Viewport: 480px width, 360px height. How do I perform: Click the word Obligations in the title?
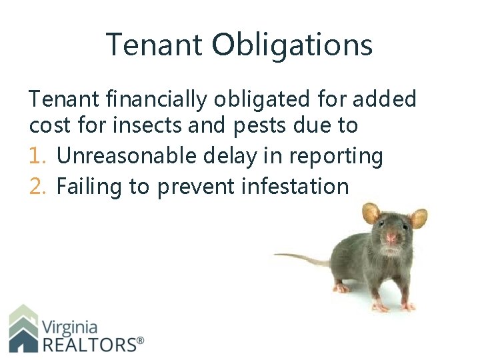coord(292,45)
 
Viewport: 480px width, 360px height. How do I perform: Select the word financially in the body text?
coord(141,100)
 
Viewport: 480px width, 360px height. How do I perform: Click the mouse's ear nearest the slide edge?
coord(418,218)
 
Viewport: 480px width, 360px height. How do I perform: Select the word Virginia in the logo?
coord(69,327)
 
